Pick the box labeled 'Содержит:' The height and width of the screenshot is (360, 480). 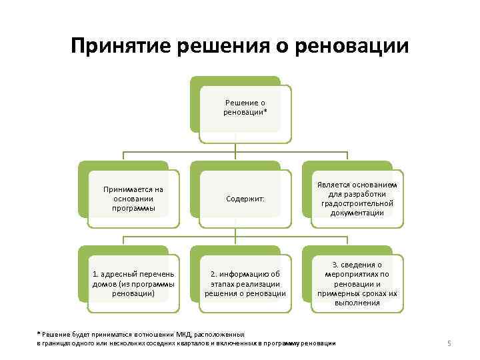245,199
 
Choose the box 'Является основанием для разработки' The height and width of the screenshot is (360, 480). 357,198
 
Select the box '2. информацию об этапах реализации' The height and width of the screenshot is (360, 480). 245,283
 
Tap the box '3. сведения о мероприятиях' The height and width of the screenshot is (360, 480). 357,283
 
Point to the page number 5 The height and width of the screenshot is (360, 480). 449,343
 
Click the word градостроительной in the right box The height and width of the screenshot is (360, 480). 357,203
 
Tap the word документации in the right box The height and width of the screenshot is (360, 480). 357,213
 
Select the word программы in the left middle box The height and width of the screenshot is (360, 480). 133,207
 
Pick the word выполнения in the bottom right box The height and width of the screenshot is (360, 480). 357,302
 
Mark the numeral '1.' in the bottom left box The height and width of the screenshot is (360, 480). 95,274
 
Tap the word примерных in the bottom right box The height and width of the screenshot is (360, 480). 343,293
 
